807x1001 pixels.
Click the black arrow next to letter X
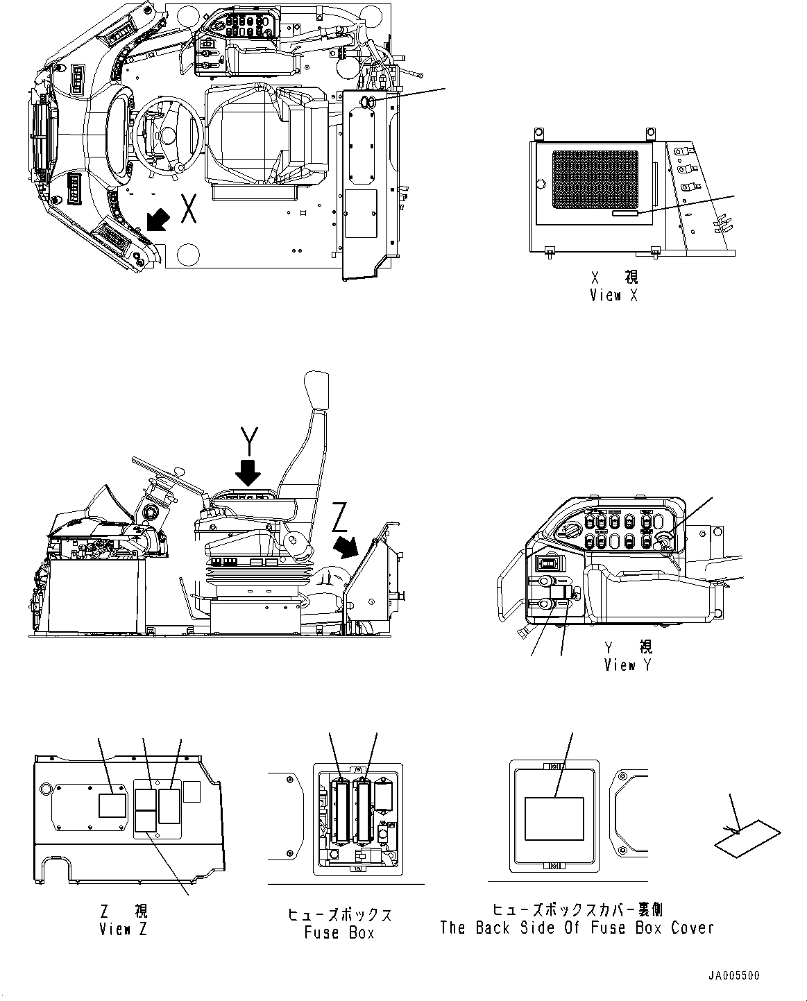pos(157,221)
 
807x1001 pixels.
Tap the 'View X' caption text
pos(614,295)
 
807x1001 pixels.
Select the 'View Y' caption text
pos(629,665)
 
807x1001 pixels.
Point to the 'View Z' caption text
pos(124,929)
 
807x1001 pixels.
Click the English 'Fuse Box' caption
pos(339,932)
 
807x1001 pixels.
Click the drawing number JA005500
pos(733,975)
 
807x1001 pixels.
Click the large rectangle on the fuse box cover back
pos(554,818)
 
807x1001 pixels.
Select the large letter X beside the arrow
pos(188,209)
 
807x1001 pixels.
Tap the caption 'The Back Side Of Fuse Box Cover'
pos(577,927)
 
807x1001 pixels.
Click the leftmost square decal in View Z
pos(112,805)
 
